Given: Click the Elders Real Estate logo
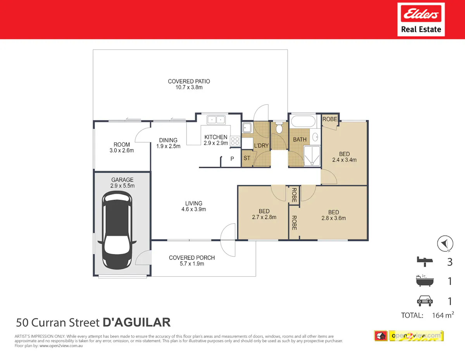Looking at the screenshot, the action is [421, 19].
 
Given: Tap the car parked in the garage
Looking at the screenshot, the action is [117, 230].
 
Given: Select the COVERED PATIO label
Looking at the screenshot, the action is [189, 81].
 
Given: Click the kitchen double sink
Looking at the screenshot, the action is [216, 120].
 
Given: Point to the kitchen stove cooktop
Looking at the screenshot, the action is [235, 141].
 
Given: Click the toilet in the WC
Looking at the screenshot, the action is [279, 128].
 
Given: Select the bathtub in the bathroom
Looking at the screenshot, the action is [303, 121].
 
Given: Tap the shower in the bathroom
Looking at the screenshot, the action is [312, 156].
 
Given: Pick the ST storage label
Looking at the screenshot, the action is [247, 158].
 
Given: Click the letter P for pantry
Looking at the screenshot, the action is [232, 159].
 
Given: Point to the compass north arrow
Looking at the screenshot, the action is [445, 243].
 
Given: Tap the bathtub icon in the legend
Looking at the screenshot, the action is [425, 281].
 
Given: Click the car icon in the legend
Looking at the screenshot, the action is [425, 301].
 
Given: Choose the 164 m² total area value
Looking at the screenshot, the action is [443, 315].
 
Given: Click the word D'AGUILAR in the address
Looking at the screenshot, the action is [136, 322].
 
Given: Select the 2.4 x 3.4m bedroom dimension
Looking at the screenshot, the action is [344, 160].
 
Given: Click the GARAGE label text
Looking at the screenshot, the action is [122, 180].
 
